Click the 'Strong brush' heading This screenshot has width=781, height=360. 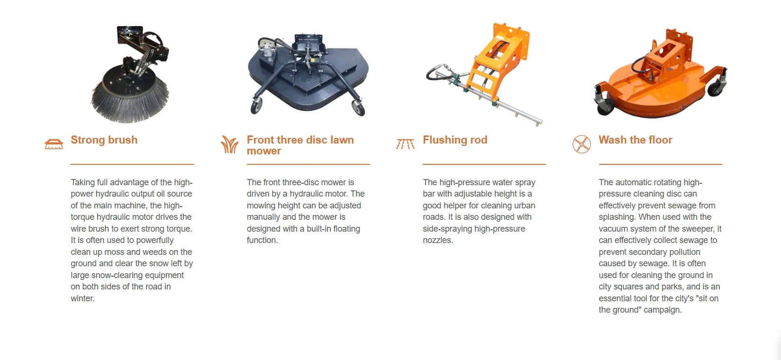coord(104,140)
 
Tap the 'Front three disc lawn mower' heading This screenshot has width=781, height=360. coord(300,145)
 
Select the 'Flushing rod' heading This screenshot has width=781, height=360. coord(455,140)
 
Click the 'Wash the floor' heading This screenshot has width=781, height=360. coord(635,140)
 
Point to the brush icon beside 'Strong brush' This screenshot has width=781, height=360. coord(54,144)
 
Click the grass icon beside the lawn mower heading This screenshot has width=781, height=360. coord(229,144)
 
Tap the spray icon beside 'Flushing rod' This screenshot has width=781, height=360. coord(405,144)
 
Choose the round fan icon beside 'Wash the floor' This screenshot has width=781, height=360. coord(581,144)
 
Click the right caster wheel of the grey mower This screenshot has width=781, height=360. coord(358,108)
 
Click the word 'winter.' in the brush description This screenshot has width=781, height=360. coord(82,298)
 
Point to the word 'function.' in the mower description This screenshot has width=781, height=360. coord(262,240)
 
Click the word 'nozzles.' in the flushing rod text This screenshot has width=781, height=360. coord(438,240)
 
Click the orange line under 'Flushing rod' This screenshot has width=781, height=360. coord(484,164)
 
